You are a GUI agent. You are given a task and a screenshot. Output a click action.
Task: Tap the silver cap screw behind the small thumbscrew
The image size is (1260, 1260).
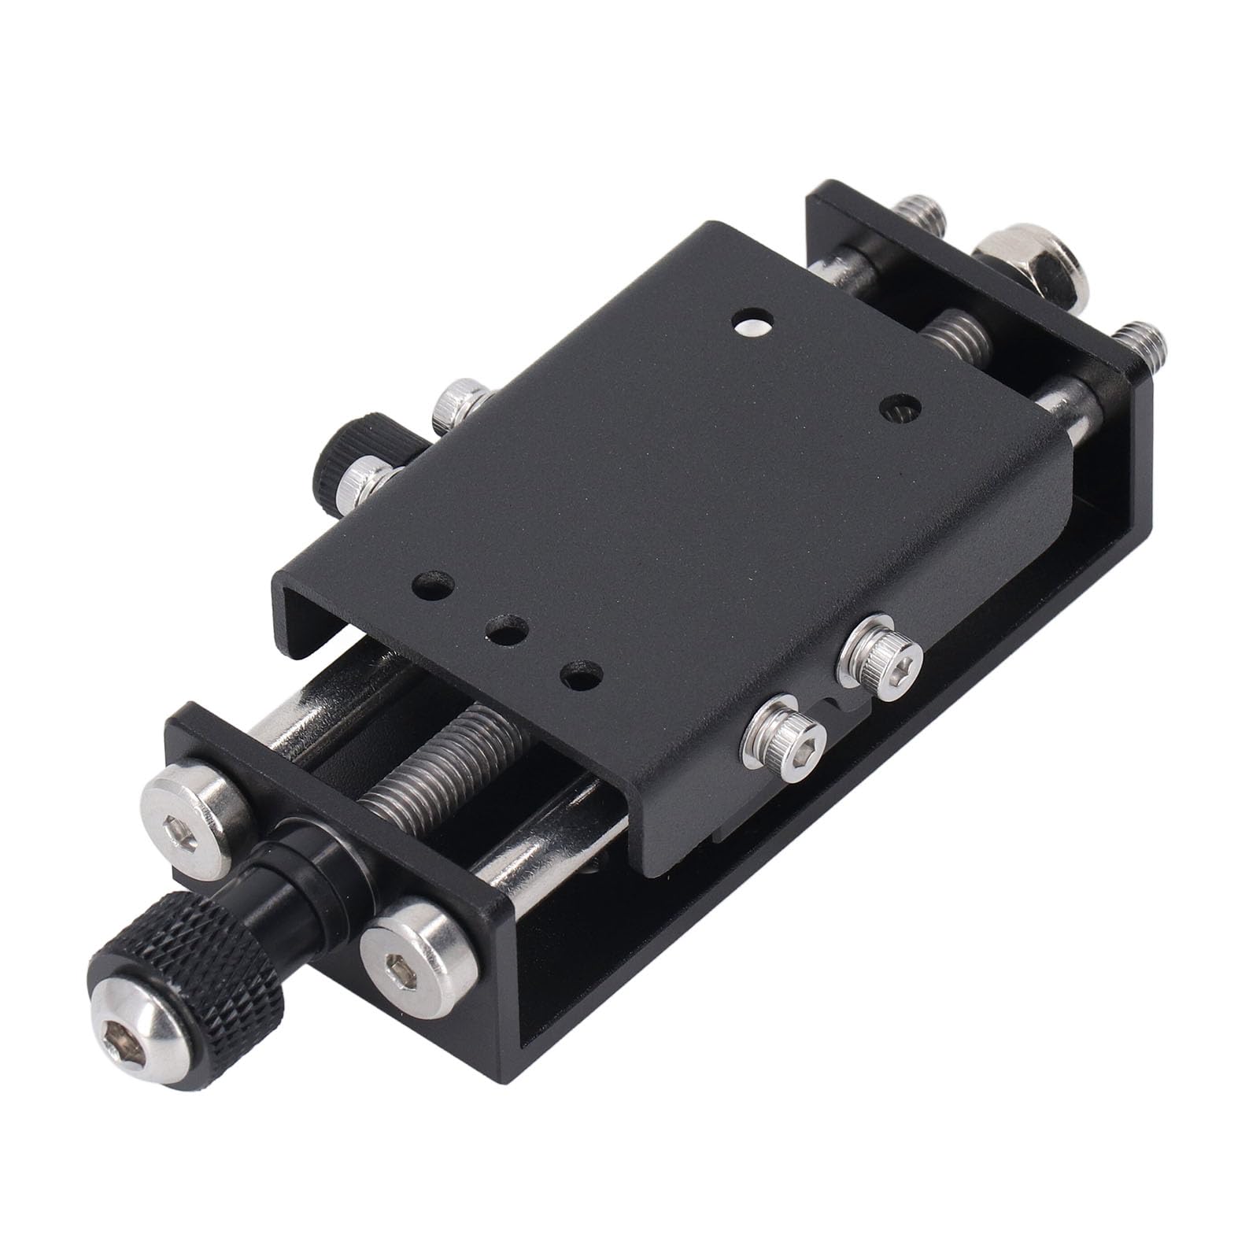click(x=460, y=405)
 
